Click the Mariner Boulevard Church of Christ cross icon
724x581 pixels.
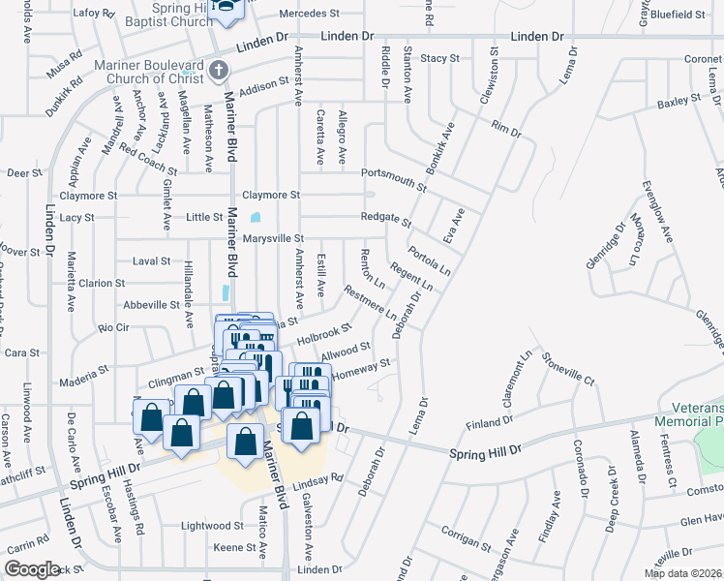tap(219, 70)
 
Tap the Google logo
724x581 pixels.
tap(32, 569)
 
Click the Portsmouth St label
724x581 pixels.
tap(393, 175)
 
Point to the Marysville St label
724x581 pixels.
tap(273, 238)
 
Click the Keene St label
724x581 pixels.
tap(233, 547)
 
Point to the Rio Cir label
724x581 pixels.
tap(114, 327)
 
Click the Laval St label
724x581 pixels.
tap(151, 261)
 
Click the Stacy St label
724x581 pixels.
tap(439, 58)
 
